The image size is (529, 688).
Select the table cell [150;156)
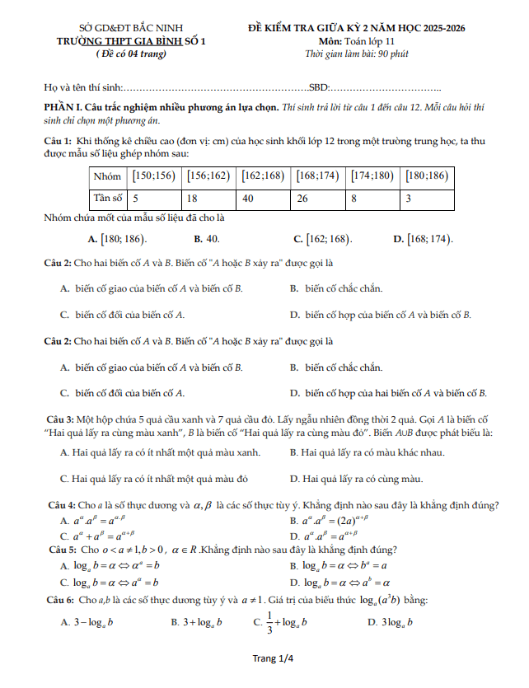(x=153, y=176)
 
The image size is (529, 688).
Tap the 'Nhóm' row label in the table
(x=107, y=176)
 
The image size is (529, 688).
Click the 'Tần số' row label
(x=107, y=199)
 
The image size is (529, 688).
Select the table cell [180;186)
(x=427, y=176)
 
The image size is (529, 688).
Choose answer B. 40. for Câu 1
(x=206, y=239)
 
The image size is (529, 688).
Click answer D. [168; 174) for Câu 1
(x=423, y=239)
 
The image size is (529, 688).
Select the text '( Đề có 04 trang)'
(x=131, y=54)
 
